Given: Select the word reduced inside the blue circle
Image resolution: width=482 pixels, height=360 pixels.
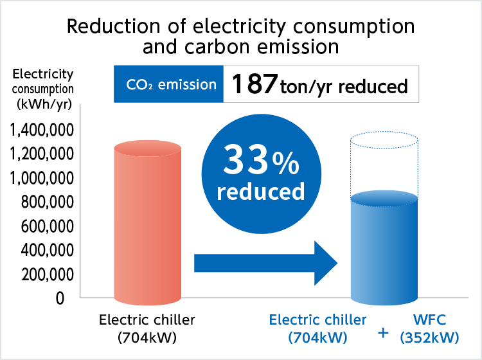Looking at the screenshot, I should coord(260,191).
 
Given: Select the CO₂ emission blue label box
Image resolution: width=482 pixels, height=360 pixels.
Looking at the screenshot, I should coord(168,84).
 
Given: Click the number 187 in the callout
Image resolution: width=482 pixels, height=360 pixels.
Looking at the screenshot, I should coord(254,85).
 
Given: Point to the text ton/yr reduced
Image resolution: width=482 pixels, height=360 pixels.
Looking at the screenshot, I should coord(344,87).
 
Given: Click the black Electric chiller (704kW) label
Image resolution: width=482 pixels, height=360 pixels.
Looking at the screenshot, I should coord(147,328).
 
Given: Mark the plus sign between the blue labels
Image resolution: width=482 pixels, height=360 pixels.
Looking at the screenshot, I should coord(384,333).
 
